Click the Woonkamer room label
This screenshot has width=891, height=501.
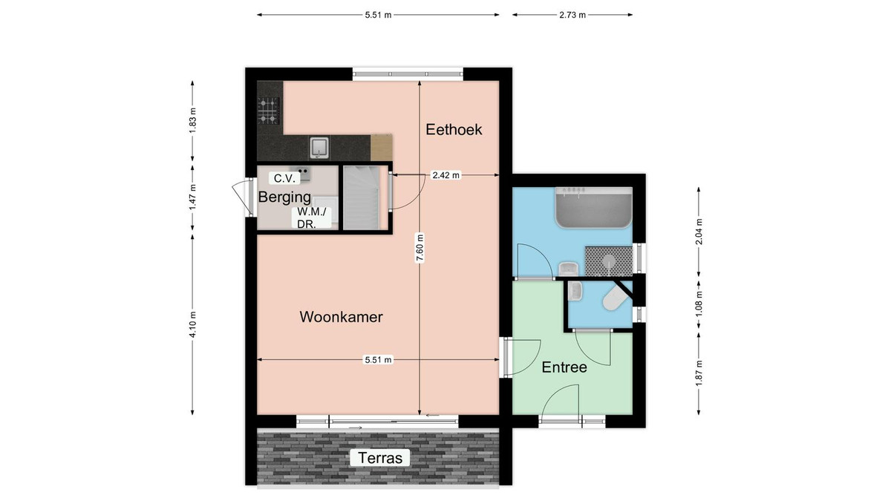(341, 317)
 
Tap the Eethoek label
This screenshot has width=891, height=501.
(454, 130)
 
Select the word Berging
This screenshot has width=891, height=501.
(284, 197)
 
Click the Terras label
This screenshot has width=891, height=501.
(380, 458)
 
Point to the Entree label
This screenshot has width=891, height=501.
(564, 367)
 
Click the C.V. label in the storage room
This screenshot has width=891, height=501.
(284, 178)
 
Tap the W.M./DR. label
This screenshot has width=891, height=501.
(311, 218)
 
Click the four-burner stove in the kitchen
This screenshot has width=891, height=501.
(268, 111)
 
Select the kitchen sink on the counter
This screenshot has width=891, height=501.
(319, 148)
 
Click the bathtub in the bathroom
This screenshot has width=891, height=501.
(593, 208)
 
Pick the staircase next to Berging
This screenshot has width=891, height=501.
(362, 197)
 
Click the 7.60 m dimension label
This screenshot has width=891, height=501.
(420, 248)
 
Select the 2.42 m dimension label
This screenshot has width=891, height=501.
(446, 175)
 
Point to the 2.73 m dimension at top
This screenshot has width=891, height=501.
(572, 15)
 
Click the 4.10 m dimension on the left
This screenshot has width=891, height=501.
(192, 324)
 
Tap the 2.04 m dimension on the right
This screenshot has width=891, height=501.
(699, 232)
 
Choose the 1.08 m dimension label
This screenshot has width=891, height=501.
(699, 304)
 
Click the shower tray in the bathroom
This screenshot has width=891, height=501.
(609, 261)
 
